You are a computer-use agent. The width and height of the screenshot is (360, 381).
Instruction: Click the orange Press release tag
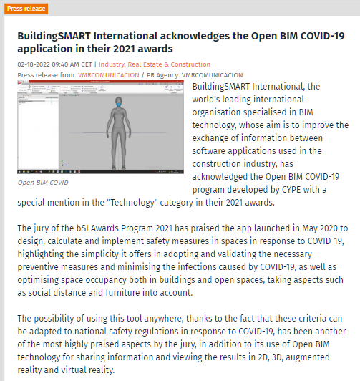[x=27, y=9]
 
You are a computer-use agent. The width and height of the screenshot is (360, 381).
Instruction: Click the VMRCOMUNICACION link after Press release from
[x=114, y=74]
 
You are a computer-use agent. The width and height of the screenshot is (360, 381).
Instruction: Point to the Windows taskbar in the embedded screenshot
[x=99, y=173]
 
